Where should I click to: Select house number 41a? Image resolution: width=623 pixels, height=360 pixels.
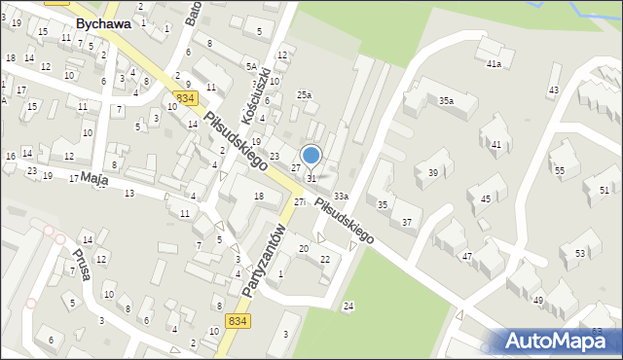point(494,64)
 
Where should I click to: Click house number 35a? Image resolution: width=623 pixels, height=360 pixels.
point(446,100)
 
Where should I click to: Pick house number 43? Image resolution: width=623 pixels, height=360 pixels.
point(554,90)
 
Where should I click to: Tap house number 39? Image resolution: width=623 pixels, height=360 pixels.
point(433,173)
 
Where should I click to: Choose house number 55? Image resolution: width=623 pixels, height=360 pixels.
point(559,170)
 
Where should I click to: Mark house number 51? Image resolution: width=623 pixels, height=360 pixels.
point(605,190)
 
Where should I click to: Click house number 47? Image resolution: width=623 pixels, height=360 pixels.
point(467,256)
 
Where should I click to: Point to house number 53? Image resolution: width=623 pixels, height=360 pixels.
point(580,253)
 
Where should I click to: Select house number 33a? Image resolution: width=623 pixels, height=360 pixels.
point(341,197)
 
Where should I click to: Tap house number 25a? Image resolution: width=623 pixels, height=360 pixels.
point(305,95)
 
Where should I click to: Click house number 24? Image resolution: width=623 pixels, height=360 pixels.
point(348,306)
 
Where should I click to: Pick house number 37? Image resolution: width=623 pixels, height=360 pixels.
point(407,223)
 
